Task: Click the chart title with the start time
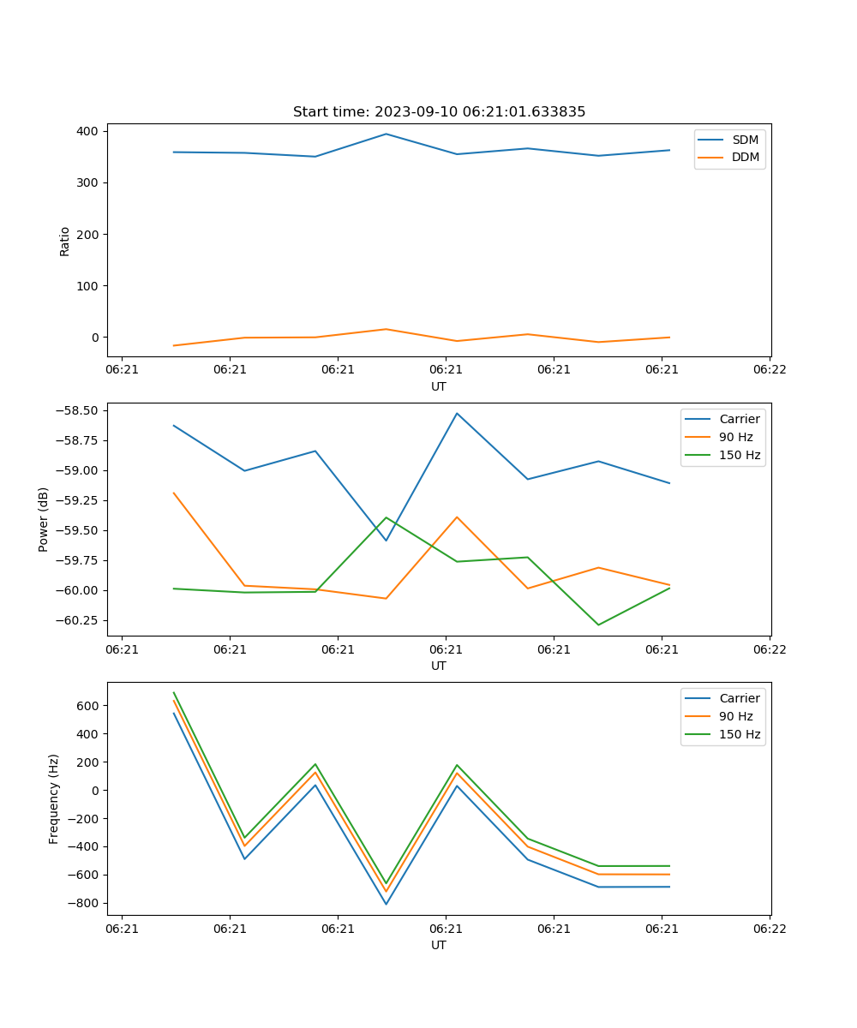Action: pos(439,112)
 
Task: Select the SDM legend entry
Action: pos(745,140)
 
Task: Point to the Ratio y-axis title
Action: pos(65,241)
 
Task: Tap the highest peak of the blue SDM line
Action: pos(386,134)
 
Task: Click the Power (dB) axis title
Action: pos(44,519)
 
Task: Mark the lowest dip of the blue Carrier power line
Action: pos(386,541)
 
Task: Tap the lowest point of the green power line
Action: pos(598,625)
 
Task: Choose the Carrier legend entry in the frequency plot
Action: pos(739,698)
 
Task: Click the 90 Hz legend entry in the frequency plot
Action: pos(735,716)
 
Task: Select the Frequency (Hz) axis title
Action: pos(54,798)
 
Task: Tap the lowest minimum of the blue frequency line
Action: pos(386,904)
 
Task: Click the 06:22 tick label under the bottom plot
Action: pos(769,928)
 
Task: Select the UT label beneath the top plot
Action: pos(439,386)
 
